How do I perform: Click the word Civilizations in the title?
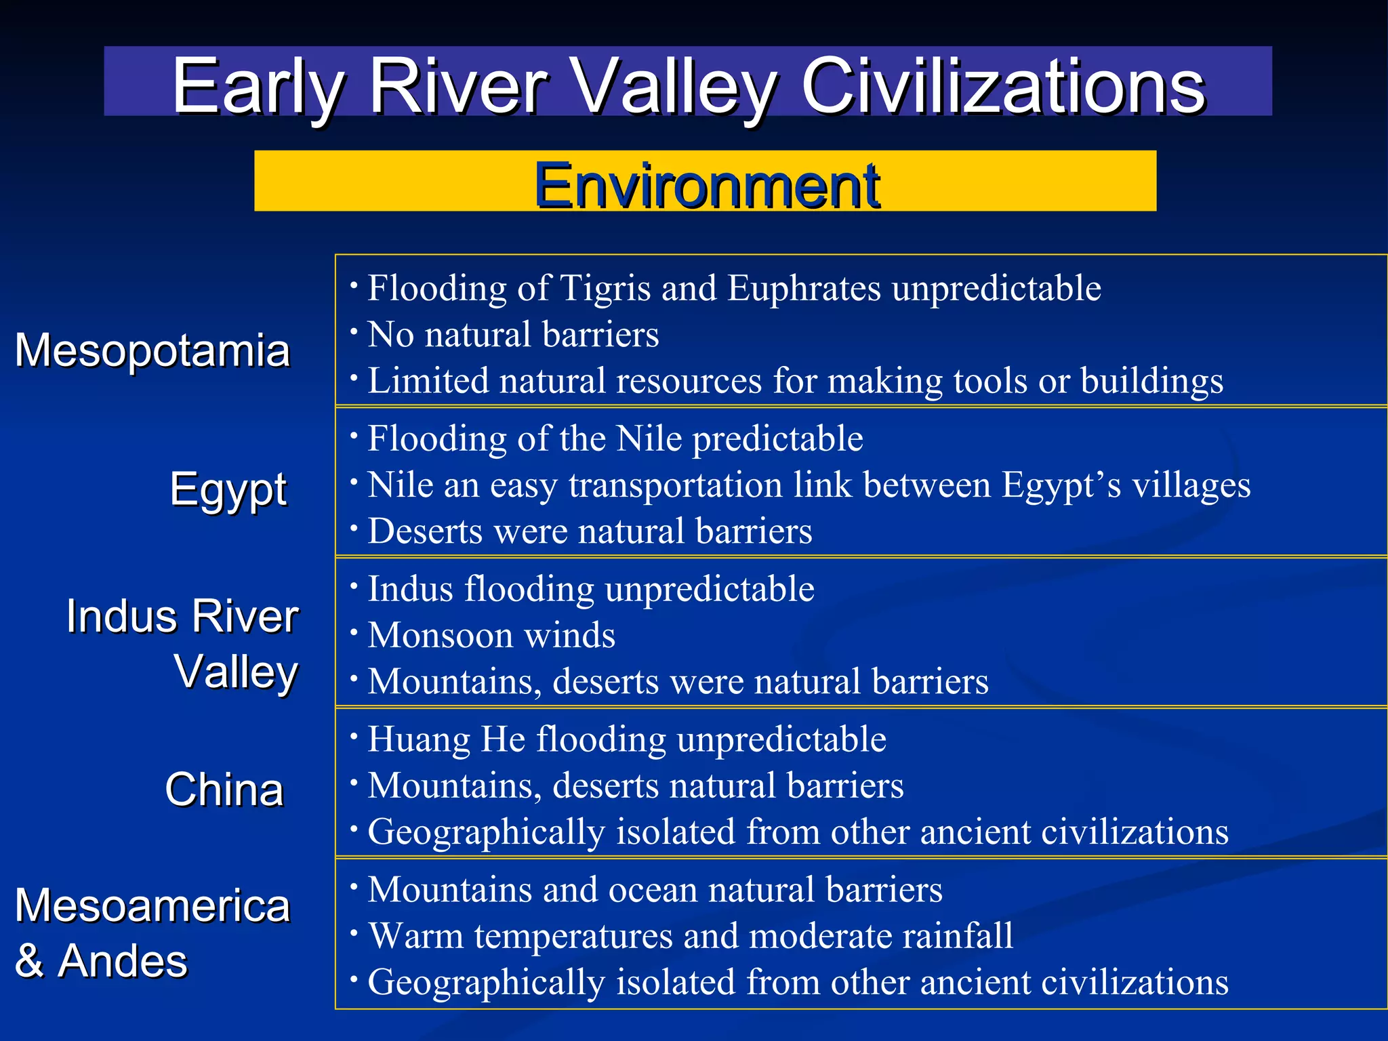[x=1002, y=86]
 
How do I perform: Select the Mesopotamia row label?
[x=152, y=350]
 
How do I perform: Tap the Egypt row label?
[x=228, y=489]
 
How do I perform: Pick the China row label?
[x=224, y=790]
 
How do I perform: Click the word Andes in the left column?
[x=123, y=961]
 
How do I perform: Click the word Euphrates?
[x=804, y=288]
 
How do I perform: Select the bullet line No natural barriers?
[x=513, y=335]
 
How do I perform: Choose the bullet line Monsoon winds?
[x=491, y=636]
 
